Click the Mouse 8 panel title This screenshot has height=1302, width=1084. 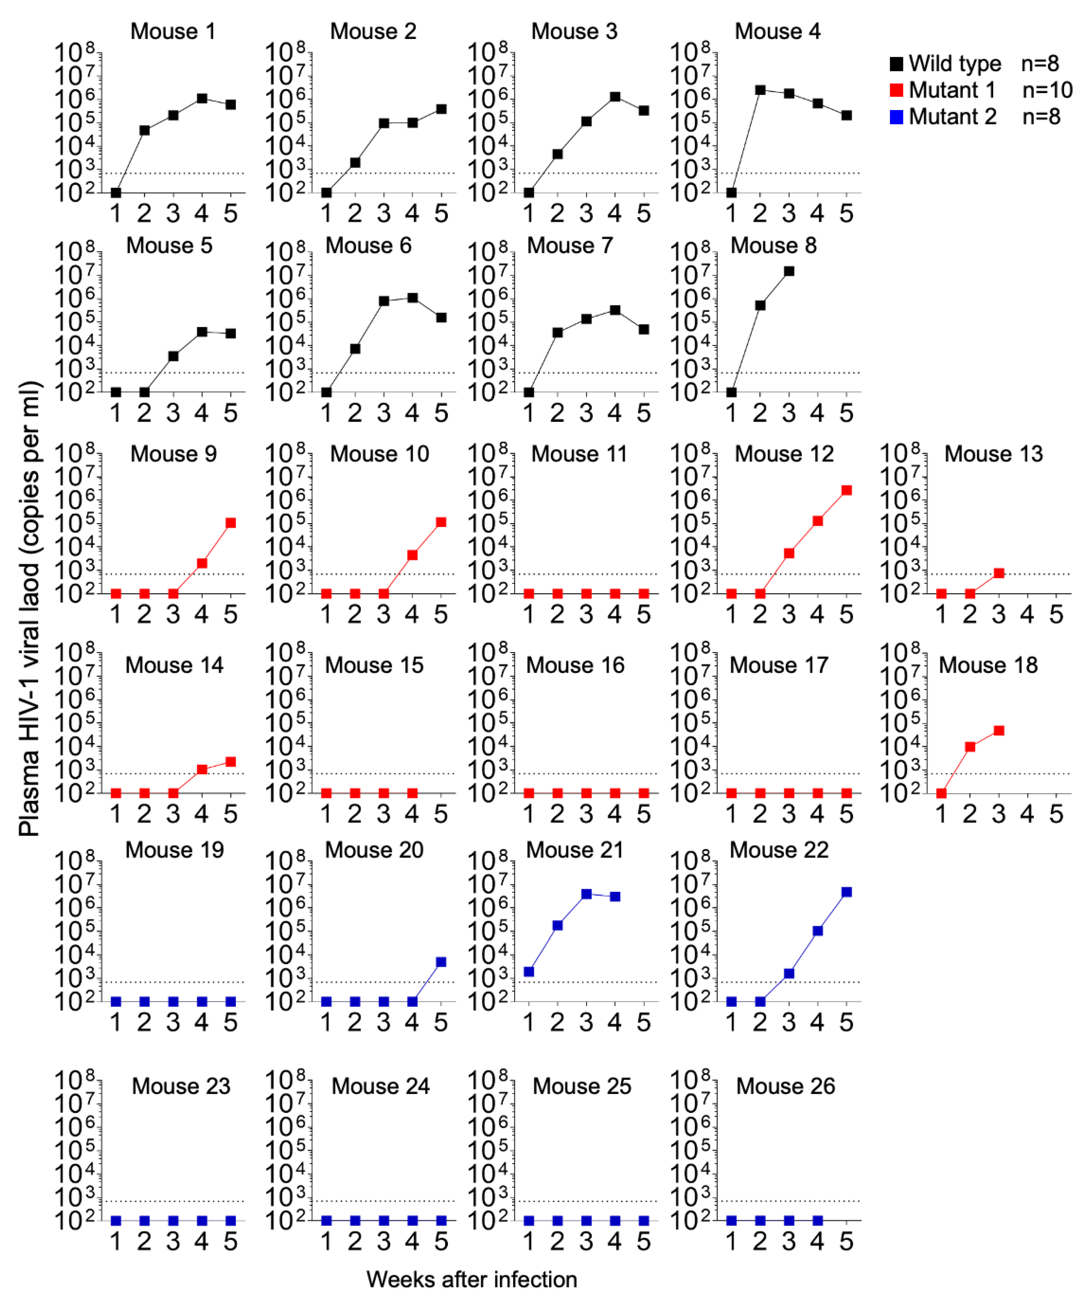(x=773, y=246)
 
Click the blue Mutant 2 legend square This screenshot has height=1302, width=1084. (x=896, y=117)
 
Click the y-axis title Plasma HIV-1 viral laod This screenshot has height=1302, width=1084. (x=29, y=607)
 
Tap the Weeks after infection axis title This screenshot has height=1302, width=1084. (x=471, y=1279)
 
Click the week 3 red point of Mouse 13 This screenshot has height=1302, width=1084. (x=998, y=573)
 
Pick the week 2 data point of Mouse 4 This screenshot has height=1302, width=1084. (x=760, y=90)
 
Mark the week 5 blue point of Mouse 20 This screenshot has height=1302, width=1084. (x=440, y=962)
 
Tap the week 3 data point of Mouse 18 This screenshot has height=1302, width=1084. (x=998, y=730)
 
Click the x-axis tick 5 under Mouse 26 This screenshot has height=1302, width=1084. (x=846, y=1242)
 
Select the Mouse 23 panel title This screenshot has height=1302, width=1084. (x=181, y=1086)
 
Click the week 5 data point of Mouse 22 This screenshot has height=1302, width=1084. (x=846, y=892)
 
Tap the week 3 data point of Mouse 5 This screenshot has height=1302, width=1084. (x=173, y=356)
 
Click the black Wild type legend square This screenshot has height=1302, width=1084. (x=896, y=64)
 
